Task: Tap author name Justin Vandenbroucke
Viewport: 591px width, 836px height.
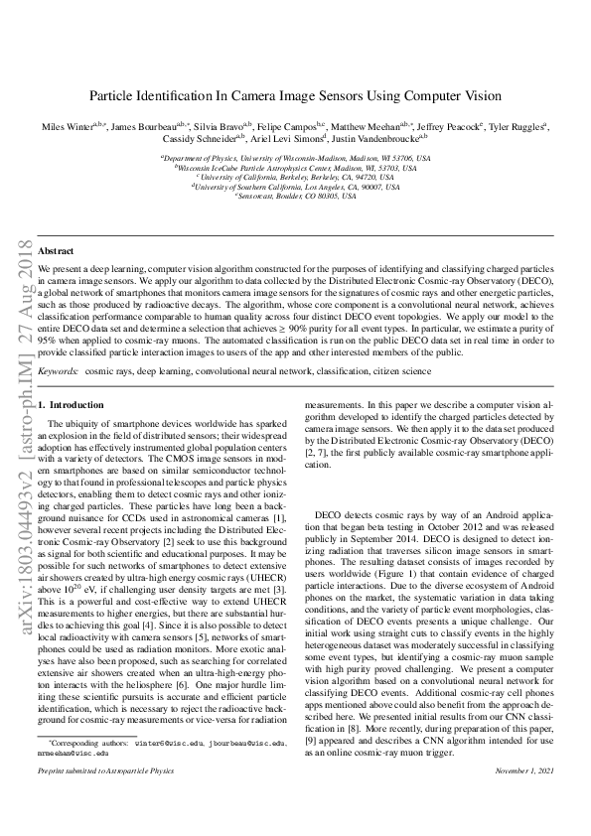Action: (x=382, y=142)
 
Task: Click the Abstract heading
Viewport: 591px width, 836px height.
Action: (x=55, y=252)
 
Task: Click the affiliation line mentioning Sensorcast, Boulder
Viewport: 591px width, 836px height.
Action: (x=295, y=196)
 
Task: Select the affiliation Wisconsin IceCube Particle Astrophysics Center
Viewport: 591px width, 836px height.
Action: (x=295, y=168)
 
